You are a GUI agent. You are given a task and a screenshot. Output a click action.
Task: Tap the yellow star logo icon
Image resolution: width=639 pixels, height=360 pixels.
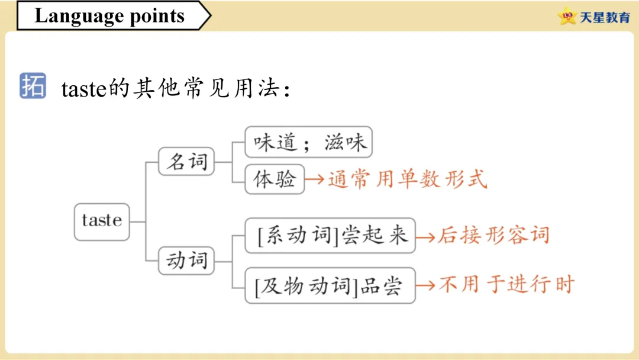tap(567, 17)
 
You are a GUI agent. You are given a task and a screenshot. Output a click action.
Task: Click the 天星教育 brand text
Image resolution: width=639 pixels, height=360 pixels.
tap(605, 17)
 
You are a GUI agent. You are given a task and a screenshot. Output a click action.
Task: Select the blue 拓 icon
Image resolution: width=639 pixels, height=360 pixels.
tap(33, 86)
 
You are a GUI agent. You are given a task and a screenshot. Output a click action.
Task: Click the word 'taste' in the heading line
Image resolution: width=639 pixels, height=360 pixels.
tap(83, 89)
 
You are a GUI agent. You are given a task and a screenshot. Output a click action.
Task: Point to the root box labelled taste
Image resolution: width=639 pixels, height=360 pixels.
tap(102, 221)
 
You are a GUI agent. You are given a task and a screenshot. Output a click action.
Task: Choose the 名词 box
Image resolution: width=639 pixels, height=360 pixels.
tap(186, 161)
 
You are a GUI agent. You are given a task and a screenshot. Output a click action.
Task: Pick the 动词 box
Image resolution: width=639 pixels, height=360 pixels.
tap(186, 260)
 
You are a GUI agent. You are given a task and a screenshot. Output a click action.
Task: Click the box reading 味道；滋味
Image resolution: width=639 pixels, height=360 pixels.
tap(309, 142)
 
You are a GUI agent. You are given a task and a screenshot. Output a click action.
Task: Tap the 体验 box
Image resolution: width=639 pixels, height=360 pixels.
tap(275, 179)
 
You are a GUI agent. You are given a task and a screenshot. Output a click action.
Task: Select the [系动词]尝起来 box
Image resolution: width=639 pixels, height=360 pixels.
tap(330, 235)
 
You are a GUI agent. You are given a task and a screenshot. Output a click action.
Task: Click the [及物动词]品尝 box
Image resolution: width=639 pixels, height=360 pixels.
tap(330, 286)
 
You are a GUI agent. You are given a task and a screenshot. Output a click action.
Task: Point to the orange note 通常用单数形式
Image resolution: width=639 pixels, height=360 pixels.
tap(407, 179)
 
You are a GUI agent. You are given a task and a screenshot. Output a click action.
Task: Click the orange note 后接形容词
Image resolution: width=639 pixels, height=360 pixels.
tap(493, 236)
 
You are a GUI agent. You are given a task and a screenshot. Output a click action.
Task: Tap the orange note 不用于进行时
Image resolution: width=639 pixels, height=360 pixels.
tap(506, 285)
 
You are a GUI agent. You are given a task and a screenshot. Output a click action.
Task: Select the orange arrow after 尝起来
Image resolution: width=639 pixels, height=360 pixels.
tap(425, 236)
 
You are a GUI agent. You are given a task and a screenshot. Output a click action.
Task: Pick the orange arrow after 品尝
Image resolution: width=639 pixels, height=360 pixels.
tap(425, 285)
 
